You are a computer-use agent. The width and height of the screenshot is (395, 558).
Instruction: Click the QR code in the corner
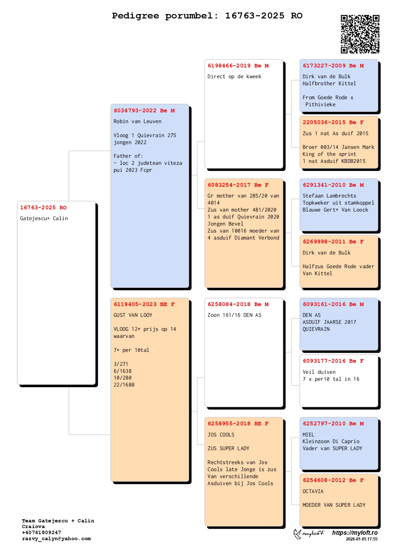point(360,34)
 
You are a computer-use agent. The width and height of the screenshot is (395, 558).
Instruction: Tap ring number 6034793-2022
point(135,111)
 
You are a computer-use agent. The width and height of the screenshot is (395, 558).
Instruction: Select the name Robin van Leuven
point(138,122)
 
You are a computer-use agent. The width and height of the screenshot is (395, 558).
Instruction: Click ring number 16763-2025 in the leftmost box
point(38,208)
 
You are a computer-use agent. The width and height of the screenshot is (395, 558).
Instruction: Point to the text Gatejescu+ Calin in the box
point(44,219)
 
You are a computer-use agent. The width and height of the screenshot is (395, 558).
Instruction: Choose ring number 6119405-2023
point(135,304)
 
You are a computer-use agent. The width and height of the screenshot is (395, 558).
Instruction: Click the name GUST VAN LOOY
point(133,315)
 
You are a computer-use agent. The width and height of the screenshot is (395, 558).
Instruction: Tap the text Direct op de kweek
point(234,77)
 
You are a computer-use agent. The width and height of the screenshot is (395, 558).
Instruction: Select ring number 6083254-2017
point(229,185)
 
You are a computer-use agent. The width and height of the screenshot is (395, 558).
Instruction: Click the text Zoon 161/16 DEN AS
point(234,315)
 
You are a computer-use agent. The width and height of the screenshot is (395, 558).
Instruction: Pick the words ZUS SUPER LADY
point(229,449)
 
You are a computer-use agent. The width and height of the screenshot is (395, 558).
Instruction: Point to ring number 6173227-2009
point(324,66)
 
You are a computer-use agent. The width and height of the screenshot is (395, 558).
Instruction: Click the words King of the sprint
point(329,154)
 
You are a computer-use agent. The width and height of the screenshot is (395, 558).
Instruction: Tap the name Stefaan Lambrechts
point(329,196)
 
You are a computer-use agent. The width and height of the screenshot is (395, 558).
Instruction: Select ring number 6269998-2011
point(324,242)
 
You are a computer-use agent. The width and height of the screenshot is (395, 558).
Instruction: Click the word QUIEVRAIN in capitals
point(316,329)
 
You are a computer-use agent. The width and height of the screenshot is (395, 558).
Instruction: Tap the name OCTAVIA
point(313,492)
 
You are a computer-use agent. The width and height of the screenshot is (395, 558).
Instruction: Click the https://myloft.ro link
point(355,533)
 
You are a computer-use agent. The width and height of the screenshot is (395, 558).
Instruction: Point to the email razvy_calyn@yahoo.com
point(56,539)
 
